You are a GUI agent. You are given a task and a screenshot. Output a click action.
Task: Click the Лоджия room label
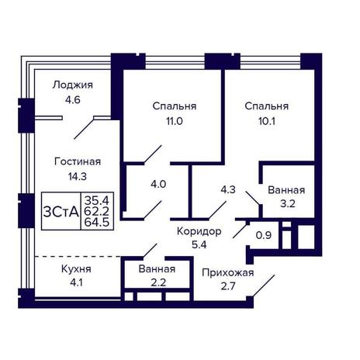(72, 85)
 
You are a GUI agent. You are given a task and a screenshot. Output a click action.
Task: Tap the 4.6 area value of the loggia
(73, 99)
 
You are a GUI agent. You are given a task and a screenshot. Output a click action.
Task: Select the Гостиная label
(78, 161)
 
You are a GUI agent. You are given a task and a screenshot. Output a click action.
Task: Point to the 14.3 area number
(78, 176)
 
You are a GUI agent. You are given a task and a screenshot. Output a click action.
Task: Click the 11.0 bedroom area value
(175, 121)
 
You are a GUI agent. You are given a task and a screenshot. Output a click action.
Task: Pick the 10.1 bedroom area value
(267, 121)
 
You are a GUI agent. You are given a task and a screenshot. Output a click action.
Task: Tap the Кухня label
(76, 269)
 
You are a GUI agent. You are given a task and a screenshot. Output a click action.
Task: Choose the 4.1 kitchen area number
(76, 282)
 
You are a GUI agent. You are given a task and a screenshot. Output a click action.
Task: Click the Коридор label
(199, 231)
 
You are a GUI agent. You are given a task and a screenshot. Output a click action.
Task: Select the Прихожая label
(228, 273)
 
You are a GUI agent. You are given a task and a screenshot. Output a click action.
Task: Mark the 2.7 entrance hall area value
(228, 286)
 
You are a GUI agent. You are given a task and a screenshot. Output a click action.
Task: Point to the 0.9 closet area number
(264, 235)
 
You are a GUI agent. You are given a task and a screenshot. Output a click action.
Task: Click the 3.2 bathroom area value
(288, 204)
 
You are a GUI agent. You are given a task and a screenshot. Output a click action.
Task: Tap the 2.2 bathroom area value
(158, 282)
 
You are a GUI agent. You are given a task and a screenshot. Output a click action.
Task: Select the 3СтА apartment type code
(61, 213)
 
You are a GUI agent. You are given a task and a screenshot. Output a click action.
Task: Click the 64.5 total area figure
(97, 223)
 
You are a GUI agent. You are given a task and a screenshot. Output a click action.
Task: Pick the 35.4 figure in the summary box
(97, 200)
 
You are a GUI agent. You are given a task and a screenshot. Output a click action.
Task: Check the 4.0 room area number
(158, 185)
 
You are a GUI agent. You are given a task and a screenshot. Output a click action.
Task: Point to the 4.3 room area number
(228, 189)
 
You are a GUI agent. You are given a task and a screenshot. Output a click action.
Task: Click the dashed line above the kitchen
(78, 256)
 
